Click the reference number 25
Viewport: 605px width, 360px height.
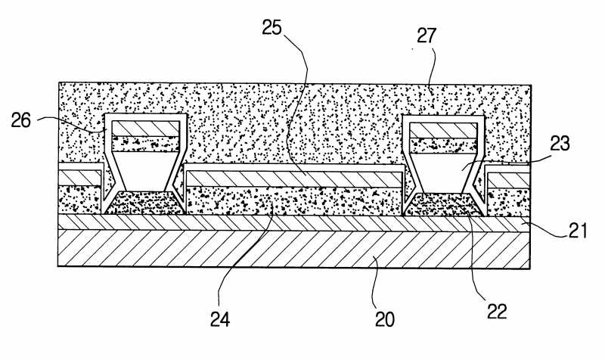pos(272,27)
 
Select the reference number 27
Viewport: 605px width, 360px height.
pos(427,36)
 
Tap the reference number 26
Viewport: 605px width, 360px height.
pos(21,120)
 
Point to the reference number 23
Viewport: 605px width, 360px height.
pos(560,143)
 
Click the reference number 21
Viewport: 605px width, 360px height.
pos(577,231)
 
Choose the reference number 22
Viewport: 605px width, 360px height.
pos(497,311)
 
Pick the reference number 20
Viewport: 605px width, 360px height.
pos(385,319)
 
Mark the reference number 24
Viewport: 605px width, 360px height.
pos(220,319)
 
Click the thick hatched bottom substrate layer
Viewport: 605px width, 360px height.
pos(293,249)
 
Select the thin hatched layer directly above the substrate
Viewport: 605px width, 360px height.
pos(293,222)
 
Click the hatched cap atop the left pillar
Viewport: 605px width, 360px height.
pos(145,128)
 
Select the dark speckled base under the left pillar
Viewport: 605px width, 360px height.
pos(144,203)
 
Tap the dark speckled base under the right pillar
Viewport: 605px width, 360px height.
pos(444,204)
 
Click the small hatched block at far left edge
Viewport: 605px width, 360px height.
pos(79,178)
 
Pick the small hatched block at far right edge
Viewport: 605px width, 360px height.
pos(508,181)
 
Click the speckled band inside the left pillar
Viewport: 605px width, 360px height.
pos(145,144)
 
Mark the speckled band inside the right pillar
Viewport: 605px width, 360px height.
pos(444,145)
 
